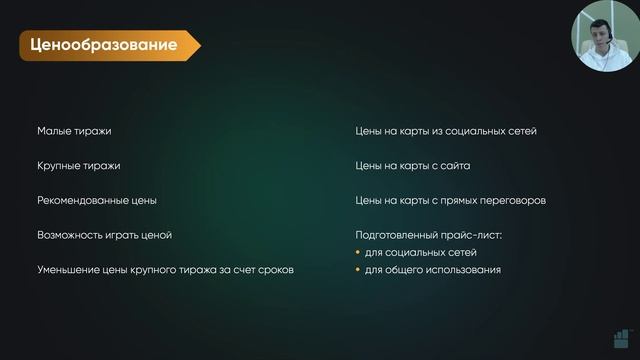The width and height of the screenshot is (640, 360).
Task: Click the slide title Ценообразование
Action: (x=104, y=45)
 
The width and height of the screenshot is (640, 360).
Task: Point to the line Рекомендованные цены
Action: (x=97, y=201)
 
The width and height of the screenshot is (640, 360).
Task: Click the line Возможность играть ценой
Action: (x=105, y=235)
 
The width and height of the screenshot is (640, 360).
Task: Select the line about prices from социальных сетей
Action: (x=449, y=131)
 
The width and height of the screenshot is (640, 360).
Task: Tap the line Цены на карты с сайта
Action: (x=413, y=166)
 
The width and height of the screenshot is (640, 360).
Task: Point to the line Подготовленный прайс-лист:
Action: (x=428, y=235)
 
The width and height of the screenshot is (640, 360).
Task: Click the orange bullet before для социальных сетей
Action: (x=359, y=252)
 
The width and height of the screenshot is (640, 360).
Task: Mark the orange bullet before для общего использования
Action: (x=359, y=270)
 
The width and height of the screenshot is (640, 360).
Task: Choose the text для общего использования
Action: (x=433, y=270)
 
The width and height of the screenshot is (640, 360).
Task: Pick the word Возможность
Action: (x=72, y=235)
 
